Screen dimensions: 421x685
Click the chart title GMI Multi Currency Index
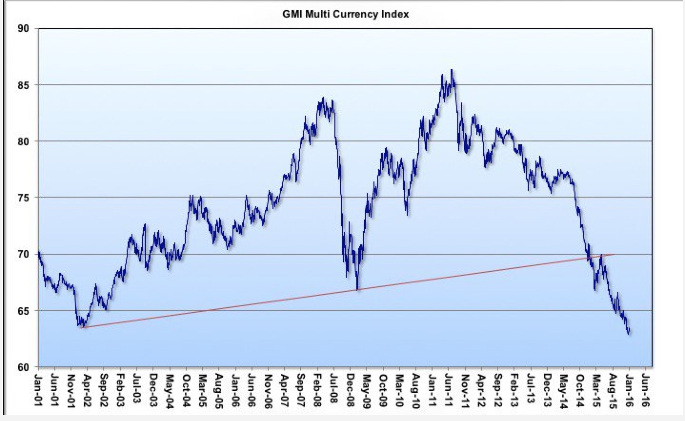[x=345, y=14]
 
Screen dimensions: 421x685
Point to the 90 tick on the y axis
[x=24, y=29]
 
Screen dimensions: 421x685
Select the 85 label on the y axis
[x=24, y=85]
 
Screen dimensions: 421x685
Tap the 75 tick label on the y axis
[x=24, y=198]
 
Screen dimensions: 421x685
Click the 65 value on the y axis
[x=24, y=311]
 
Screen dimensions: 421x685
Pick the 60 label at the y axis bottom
[x=24, y=367]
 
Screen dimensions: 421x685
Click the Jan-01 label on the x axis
[x=39, y=389]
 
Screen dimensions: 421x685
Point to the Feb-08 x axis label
[x=318, y=389]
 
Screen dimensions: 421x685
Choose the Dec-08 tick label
[x=351, y=389]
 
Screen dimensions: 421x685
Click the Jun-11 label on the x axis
[x=449, y=389]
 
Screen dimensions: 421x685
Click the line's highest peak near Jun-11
[x=451, y=70]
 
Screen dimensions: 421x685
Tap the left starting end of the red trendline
[x=81, y=328]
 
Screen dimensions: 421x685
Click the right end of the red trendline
[x=614, y=254]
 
